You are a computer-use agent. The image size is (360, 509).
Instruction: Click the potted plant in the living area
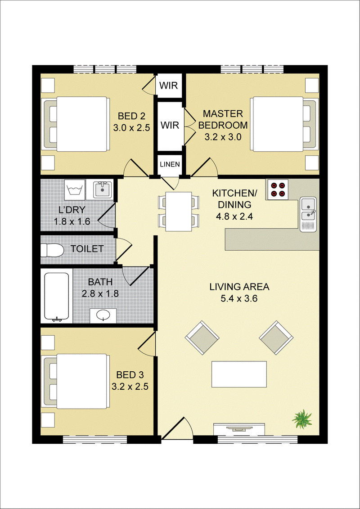click(302, 419)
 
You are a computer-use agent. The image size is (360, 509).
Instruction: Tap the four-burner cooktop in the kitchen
click(278, 189)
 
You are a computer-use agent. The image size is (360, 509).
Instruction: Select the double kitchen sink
click(308, 215)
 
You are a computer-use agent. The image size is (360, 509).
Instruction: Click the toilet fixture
click(52, 250)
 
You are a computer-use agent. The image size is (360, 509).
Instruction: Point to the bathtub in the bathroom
click(57, 297)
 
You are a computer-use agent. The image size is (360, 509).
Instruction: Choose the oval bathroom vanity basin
click(103, 315)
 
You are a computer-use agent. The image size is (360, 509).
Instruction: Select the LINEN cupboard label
click(170, 164)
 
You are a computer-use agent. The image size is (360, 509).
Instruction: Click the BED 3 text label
click(130, 375)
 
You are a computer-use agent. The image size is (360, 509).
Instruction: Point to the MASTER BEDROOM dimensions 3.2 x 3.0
click(223, 137)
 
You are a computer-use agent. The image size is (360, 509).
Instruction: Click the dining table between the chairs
click(178, 212)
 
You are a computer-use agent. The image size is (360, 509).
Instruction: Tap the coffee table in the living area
click(239, 374)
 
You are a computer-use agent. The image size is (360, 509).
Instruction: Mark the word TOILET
click(87, 249)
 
